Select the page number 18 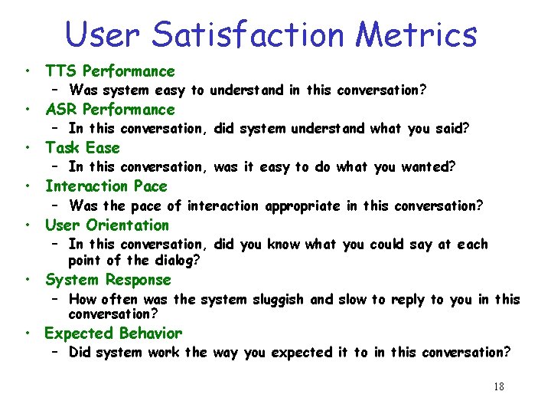(x=498, y=386)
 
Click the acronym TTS (x=60, y=71)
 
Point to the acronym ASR (x=61, y=110)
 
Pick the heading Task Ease (x=83, y=148)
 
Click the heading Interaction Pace (x=106, y=186)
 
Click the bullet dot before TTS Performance (x=27, y=72)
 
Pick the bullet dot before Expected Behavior (x=27, y=334)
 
